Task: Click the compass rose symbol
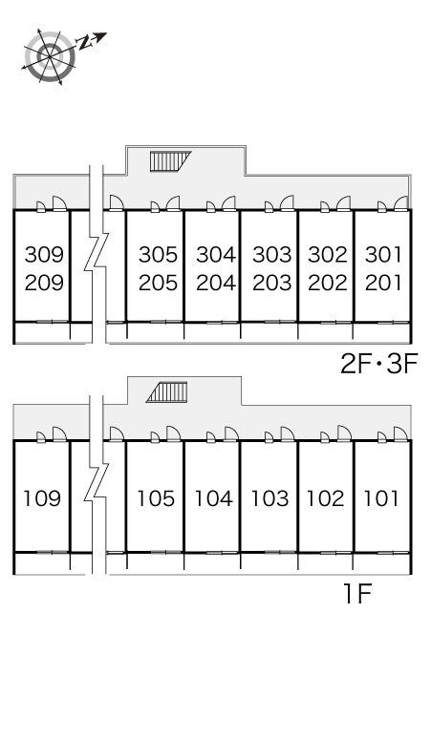click(51, 56)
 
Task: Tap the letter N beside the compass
click(85, 43)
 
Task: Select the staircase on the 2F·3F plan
click(170, 161)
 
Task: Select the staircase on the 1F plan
click(167, 392)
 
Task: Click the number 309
click(44, 255)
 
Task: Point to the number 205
click(158, 283)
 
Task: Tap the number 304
click(216, 255)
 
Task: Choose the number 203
click(272, 283)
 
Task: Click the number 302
click(328, 255)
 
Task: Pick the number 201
click(383, 283)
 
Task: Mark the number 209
click(44, 283)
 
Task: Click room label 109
click(42, 498)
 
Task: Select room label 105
click(156, 498)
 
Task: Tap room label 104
click(214, 498)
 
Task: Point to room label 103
click(269, 498)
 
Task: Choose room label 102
click(325, 498)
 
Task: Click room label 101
click(381, 498)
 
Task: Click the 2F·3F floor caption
click(379, 364)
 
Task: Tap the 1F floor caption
click(358, 593)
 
